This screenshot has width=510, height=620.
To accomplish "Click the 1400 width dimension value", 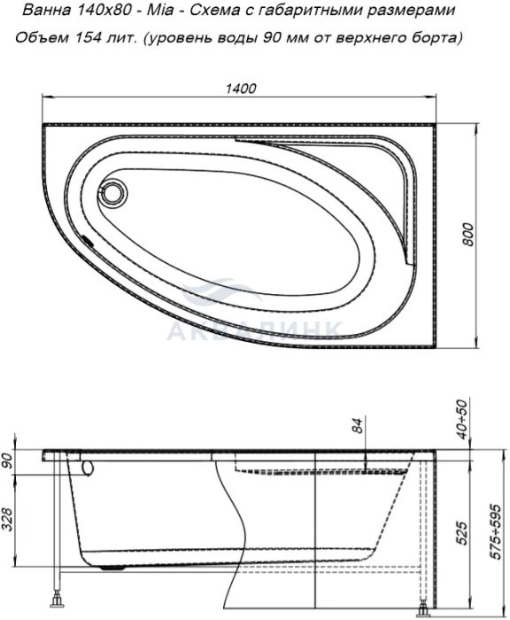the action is (x=240, y=89).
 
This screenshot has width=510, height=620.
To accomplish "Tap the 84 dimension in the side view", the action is (x=358, y=425).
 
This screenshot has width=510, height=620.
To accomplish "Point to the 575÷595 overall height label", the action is (x=496, y=531).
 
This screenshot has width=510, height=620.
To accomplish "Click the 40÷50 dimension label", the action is (x=462, y=419).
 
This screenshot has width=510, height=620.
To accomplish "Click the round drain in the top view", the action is (x=113, y=192).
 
